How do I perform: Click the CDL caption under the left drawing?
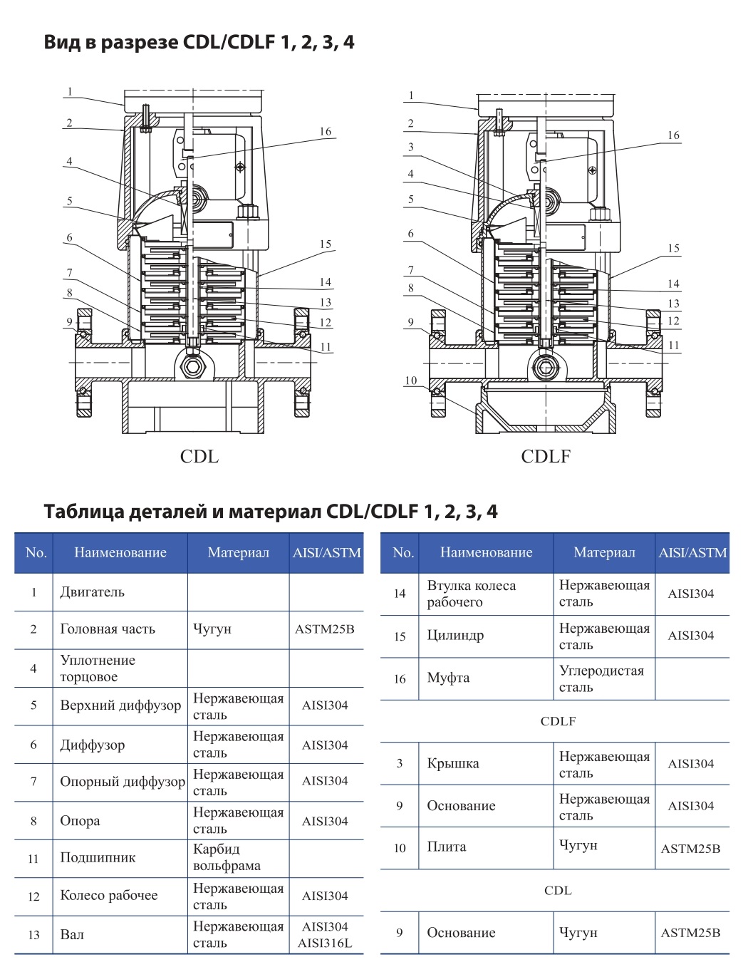click(199, 456)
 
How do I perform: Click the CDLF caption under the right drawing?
click(546, 456)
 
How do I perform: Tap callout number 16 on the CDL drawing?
click(326, 132)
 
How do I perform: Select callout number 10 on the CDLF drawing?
click(411, 381)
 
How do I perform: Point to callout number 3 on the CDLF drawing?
click(410, 148)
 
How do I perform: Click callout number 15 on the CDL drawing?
click(326, 244)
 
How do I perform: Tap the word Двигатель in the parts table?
click(92, 592)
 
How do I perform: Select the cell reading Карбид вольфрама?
click(227, 857)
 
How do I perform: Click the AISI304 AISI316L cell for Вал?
click(325, 934)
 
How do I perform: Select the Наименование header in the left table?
click(120, 552)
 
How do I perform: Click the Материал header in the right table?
click(604, 552)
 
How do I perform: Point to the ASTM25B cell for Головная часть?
click(325, 629)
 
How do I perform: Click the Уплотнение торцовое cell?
click(98, 668)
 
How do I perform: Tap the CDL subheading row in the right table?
click(558, 890)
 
